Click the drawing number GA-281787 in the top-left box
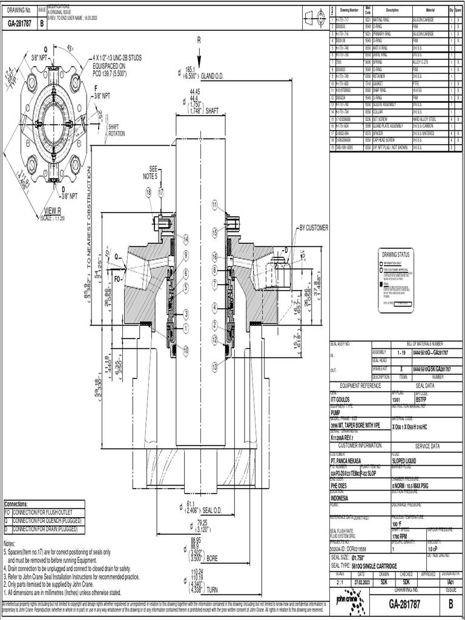[x=19, y=24]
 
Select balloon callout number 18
[x=148, y=192]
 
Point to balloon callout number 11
[x=214, y=205]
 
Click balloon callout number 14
[x=186, y=239]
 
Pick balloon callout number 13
[x=214, y=366]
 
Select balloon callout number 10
[x=186, y=349]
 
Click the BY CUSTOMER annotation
[x=313, y=228]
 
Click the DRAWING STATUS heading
[x=395, y=255]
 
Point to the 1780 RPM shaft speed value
[x=400, y=536]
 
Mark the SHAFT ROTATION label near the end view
[x=117, y=130]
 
